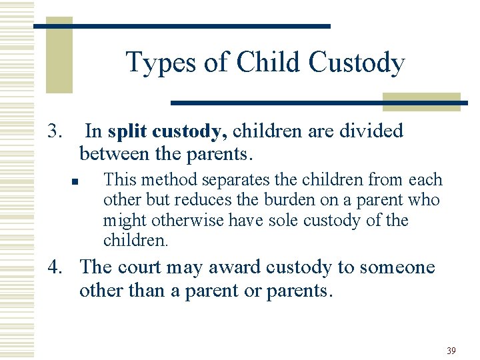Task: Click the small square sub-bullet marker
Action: [77, 181]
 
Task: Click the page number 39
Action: [451, 351]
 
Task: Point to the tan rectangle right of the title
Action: [421, 101]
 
